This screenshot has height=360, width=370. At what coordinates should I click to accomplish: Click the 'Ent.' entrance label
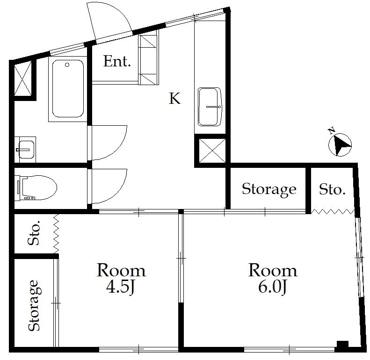coord(117,61)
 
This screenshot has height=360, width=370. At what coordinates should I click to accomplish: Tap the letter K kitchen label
coord(175,98)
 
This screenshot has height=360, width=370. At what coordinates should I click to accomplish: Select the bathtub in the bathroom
coord(68,88)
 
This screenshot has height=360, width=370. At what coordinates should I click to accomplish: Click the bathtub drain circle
coord(67,65)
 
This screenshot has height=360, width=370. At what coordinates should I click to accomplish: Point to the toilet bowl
coord(38,188)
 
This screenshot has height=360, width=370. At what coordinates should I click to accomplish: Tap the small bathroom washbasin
coord(25,150)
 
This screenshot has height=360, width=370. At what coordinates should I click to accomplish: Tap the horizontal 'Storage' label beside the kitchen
coord(269,189)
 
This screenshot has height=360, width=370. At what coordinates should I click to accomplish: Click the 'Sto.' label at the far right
coord(332,189)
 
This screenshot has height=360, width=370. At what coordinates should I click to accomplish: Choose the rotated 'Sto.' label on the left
coord(34,233)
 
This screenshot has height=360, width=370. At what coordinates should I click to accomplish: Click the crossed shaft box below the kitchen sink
coord(212,151)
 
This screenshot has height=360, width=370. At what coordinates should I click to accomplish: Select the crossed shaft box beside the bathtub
coord(22,78)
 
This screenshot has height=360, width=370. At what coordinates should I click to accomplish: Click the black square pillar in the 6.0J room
coord(342,344)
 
